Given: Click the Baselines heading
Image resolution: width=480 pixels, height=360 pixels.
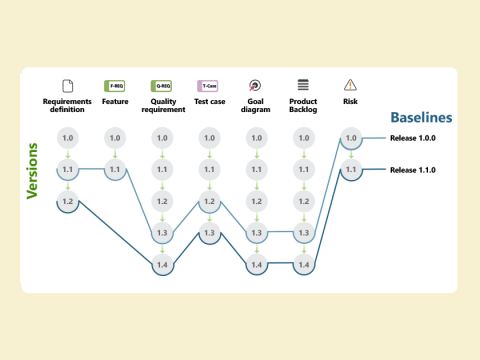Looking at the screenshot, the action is click(421, 117).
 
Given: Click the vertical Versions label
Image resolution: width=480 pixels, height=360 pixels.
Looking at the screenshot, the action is click(33, 176).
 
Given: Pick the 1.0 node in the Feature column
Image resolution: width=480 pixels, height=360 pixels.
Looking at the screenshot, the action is click(115, 138).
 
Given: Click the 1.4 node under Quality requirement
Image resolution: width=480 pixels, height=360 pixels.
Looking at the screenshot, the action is click(162, 264).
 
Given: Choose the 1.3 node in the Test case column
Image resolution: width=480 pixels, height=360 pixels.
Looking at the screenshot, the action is click(209, 233).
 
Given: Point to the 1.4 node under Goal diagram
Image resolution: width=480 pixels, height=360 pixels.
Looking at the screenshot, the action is click(256, 264).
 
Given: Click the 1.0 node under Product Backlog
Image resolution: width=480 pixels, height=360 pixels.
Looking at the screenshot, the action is click(303, 138).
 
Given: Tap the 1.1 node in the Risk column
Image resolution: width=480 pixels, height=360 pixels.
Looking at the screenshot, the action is click(350, 170).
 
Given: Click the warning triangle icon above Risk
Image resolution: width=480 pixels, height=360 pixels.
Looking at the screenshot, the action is click(350, 85).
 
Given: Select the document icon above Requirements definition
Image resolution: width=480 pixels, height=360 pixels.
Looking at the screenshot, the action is click(68, 85).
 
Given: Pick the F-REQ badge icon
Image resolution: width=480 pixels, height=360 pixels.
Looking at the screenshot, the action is click(115, 85).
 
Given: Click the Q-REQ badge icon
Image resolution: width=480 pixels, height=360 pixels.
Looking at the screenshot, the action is click(162, 85).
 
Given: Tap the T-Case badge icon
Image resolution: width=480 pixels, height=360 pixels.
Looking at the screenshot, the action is click(209, 85).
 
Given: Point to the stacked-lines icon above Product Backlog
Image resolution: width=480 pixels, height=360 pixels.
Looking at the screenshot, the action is click(303, 85).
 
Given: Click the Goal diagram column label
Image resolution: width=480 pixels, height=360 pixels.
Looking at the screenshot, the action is click(256, 106).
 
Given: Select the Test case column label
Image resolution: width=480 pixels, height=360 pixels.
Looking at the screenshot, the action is click(209, 101).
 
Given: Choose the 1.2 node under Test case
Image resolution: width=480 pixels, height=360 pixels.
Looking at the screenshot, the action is click(209, 201).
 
